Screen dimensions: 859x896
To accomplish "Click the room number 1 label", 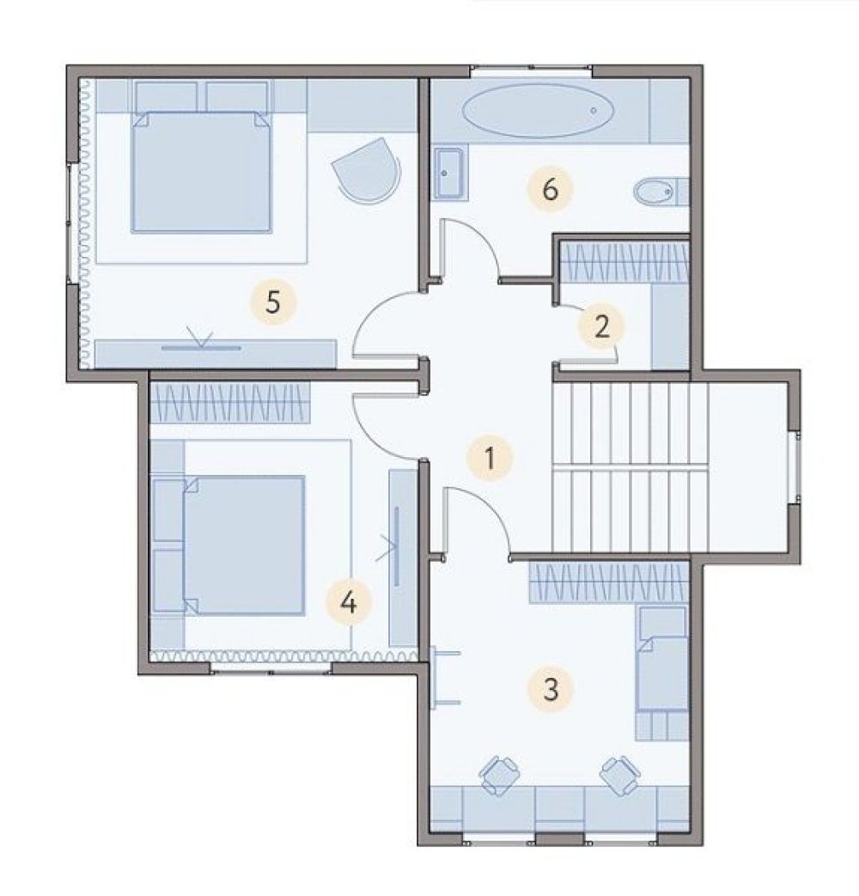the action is click(x=490, y=458).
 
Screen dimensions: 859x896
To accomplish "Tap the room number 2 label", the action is click(x=601, y=326).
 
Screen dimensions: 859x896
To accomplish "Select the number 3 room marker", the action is click(x=551, y=689).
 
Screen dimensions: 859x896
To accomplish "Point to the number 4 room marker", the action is click(x=349, y=602).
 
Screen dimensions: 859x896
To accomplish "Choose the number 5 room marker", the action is click(x=273, y=302).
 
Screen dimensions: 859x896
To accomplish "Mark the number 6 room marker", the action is click(x=550, y=189).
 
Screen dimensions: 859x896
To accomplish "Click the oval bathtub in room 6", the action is click(x=539, y=111).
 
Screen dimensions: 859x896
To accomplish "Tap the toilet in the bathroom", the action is click(x=661, y=192).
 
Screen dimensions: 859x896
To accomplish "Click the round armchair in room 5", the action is click(x=367, y=170).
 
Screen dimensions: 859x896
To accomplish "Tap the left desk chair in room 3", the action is click(x=500, y=776).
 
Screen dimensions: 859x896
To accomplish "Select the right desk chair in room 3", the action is click(x=619, y=776).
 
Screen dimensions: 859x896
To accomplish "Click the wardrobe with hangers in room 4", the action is click(x=229, y=402).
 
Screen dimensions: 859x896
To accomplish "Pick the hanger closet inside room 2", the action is click(x=624, y=262).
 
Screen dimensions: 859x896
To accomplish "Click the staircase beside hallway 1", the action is click(x=630, y=467).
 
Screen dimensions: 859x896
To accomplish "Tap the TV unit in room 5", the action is click(x=215, y=354).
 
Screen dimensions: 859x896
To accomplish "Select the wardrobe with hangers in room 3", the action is click(x=609, y=582).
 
